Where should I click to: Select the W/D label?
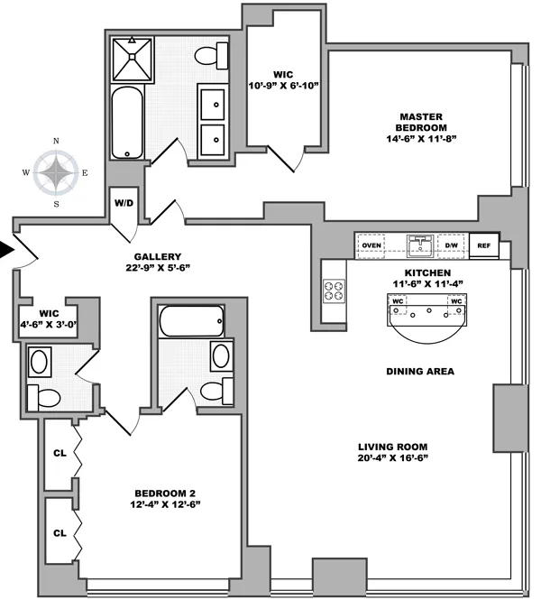[x=124, y=202]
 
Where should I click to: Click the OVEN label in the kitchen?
[x=370, y=245]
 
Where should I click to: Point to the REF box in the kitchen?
[x=483, y=245]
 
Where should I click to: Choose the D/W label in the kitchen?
[x=450, y=245]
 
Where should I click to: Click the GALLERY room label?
[x=158, y=255]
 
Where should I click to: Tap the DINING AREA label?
[x=418, y=371]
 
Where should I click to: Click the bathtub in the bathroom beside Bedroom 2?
[x=191, y=320]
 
